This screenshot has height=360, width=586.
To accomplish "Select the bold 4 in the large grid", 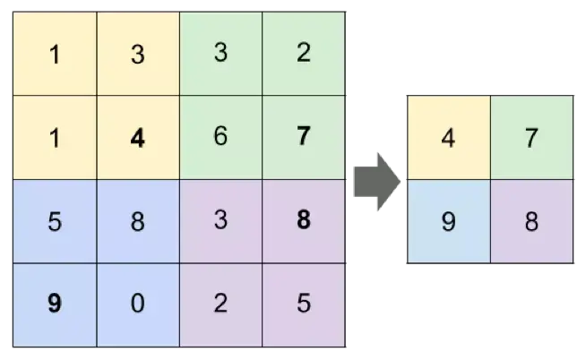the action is (x=137, y=139).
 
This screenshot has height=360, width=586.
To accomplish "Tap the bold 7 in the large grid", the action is (x=303, y=137).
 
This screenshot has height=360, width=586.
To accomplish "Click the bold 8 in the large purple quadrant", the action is (x=303, y=220).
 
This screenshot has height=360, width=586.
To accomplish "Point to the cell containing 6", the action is (x=220, y=138).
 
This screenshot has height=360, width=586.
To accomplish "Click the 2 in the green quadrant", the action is (x=303, y=53).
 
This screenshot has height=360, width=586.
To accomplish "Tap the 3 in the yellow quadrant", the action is (x=137, y=56).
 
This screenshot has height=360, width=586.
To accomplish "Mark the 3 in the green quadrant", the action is (x=220, y=53).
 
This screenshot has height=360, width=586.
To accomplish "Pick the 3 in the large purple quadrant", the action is (x=220, y=220).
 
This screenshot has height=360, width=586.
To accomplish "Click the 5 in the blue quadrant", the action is (x=55, y=221).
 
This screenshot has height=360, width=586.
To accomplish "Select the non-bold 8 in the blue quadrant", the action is (x=137, y=221).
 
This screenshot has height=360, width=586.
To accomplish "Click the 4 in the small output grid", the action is (x=448, y=139).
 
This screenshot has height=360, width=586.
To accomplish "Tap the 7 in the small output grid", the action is (x=531, y=139).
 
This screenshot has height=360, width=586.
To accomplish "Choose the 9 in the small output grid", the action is (x=448, y=221).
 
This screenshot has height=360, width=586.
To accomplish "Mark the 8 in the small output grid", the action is (x=531, y=221).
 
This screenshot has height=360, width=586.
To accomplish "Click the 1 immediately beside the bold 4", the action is (x=55, y=139).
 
